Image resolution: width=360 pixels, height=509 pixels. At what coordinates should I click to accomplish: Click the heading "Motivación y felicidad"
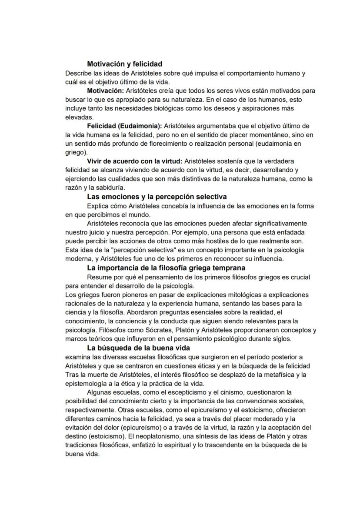(125, 64)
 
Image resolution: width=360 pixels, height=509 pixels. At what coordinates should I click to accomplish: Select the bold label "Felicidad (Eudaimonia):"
(124, 126)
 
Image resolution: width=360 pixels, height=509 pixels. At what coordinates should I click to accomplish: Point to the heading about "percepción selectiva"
(157, 197)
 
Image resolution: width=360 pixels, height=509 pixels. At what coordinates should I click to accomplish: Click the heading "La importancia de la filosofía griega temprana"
(166, 268)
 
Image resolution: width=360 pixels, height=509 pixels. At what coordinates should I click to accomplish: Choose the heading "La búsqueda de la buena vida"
(138, 348)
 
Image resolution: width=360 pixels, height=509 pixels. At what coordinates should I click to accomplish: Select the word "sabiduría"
(110, 188)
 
